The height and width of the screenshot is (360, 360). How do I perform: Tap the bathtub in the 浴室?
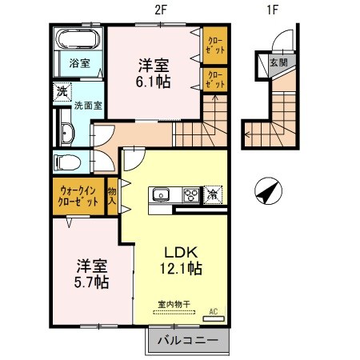tap(76, 41)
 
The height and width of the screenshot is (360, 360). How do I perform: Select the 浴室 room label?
tap(78, 62)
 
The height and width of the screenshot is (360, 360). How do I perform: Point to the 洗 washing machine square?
tap(62, 92)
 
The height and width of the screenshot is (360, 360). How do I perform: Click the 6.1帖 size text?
tap(152, 82)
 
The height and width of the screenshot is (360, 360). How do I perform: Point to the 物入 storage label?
tap(113, 196)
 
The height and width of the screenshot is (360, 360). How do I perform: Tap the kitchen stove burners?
tap(190, 194)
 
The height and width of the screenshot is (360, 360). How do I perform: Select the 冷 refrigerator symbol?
tap(214, 194)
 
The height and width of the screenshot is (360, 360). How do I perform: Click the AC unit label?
tap(214, 311)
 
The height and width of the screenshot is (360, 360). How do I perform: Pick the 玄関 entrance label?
tap(278, 63)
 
